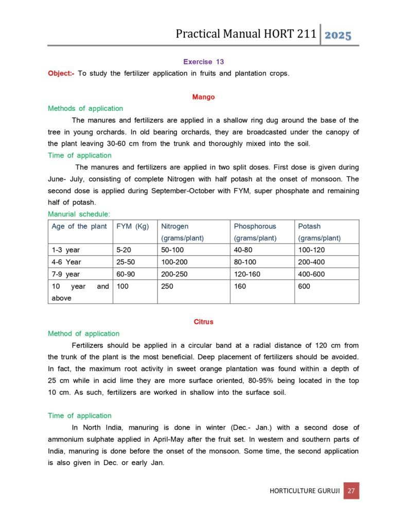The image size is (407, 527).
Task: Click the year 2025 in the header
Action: (x=339, y=36)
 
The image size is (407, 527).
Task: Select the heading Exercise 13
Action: (x=203, y=62)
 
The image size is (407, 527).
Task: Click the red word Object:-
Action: (x=61, y=73)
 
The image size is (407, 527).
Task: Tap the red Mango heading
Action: (x=203, y=97)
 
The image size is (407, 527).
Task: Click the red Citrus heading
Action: (x=203, y=322)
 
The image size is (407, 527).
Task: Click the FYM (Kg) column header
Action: (x=132, y=226)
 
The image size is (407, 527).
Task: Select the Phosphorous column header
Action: (x=255, y=226)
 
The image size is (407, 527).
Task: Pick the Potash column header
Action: (x=309, y=226)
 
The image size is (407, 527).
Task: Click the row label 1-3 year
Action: (x=66, y=250)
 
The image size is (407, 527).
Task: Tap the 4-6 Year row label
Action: (x=66, y=262)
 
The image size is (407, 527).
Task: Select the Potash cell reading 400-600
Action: (x=311, y=274)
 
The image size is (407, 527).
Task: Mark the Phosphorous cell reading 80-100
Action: (x=247, y=262)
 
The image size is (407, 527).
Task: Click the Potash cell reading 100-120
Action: (x=311, y=250)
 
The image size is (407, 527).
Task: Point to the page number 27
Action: (x=351, y=490)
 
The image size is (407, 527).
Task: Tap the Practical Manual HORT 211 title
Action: (x=245, y=34)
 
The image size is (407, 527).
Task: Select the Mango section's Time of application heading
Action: (x=79, y=155)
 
